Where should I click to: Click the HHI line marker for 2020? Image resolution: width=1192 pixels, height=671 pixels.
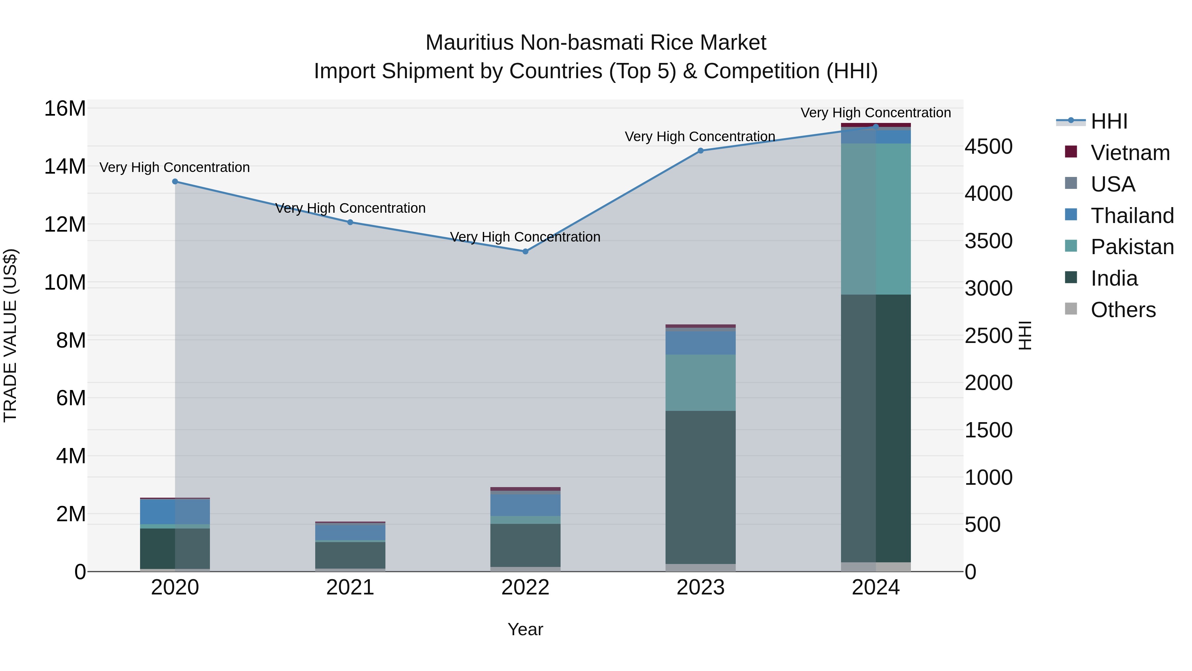tap(175, 182)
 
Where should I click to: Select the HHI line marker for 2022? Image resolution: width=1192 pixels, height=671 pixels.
tap(525, 252)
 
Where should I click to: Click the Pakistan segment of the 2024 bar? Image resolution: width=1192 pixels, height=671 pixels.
tap(875, 219)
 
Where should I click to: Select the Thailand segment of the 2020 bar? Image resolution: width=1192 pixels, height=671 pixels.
tap(175, 511)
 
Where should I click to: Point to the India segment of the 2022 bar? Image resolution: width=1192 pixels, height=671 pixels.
tap(525, 545)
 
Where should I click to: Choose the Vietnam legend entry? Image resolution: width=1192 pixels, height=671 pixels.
tap(1129, 153)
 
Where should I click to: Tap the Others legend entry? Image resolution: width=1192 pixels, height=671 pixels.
tap(1122, 310)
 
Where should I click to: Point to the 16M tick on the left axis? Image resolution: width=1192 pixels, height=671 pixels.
tap(65, 109)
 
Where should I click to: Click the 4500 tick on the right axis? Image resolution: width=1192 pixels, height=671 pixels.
tap(988, 147)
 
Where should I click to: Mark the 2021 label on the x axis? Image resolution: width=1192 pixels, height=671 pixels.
tap(350, 587)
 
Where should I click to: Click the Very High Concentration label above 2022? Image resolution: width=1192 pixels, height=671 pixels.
tap(525, 237)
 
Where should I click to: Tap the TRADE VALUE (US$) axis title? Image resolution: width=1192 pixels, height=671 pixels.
tap(10, 335)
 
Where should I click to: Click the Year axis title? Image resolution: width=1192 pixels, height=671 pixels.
tap(525, 629)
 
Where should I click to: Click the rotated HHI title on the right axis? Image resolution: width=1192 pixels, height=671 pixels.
tap(1025, 335)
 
